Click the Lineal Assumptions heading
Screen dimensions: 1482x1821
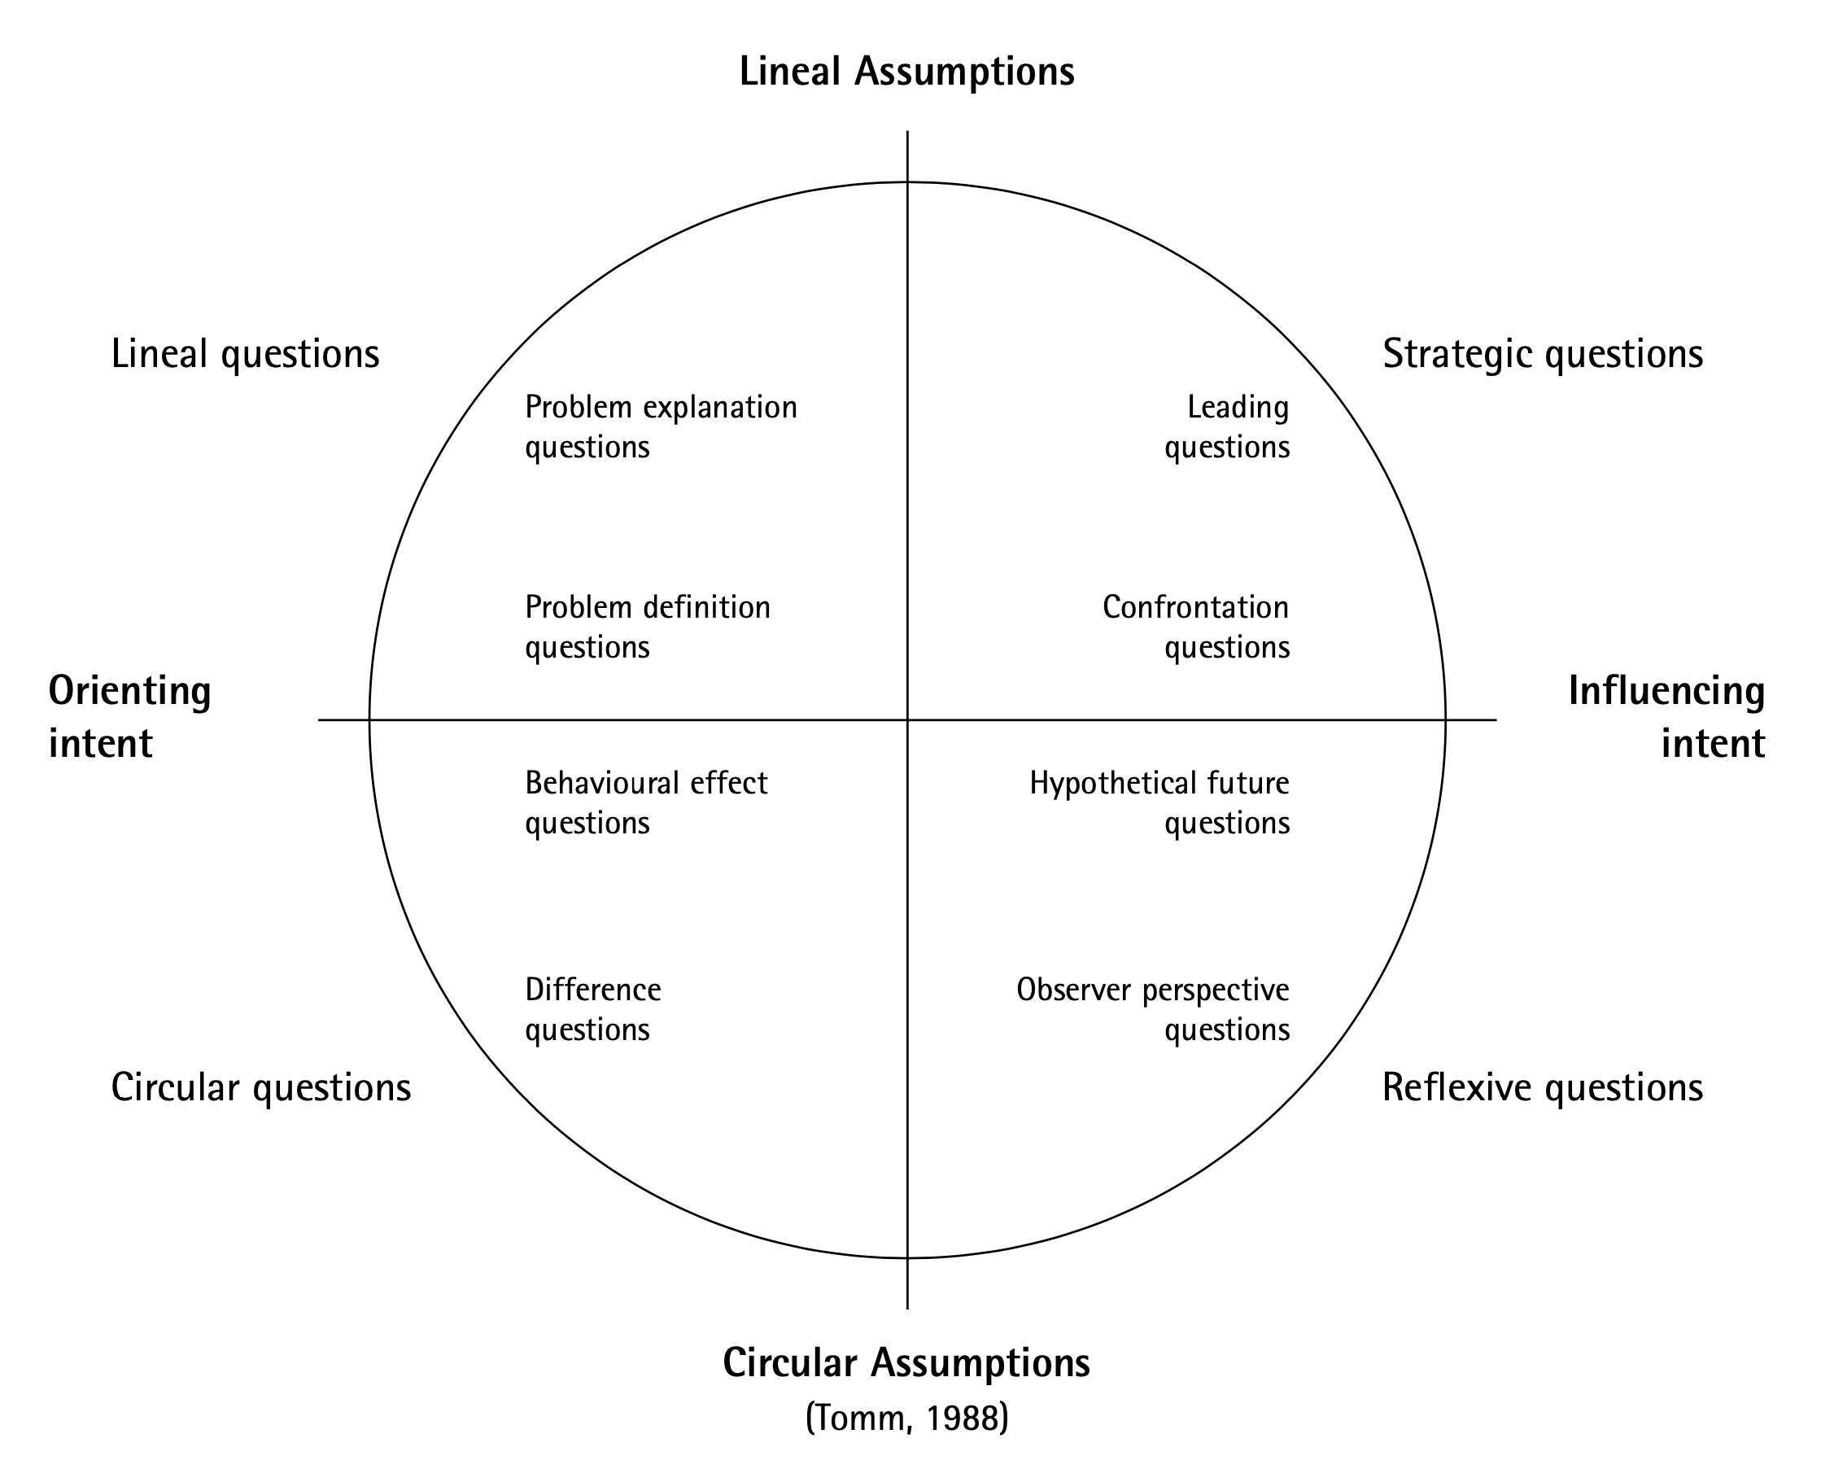pyautogui.click(x=906, y=72)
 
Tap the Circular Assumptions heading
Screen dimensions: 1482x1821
pyautogui.click(x=906, y=1363)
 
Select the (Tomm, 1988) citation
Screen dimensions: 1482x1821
pyautogui.click(x=906, y=1418)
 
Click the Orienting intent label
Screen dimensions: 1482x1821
pyautogui.click(x=129, y=716)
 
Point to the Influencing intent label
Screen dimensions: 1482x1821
pyautogui.click(x=1666, y=716)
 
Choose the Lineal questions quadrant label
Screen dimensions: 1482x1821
pyautogui.click(x=245, y=354)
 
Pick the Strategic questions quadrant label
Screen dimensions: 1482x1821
pyautogui.click(x=1542, y=354)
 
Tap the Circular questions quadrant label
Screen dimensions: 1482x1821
pyautogui.click(x=261, y=1087)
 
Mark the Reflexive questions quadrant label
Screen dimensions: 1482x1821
pyautogui.click(x=1542, y=1087)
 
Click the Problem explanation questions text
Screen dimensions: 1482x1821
pyautogui.click(x=661, y=426)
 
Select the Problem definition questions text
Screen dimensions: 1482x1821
pyautogui.click(x=647, y=627)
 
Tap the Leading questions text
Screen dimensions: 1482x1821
pyautogui.click(x=1227, y=426)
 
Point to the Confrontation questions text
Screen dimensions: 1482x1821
pyautogui.click(x=1195, y=627)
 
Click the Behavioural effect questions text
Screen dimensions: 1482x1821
pyautogui.click(x=646, y=802)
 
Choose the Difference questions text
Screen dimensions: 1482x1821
pyautogui.click(x=592, y=1009)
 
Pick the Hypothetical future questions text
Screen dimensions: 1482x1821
pyautogui.click(x=1159, y=802)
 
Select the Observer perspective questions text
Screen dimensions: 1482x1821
pyautogui.click(x=1153, y=1009)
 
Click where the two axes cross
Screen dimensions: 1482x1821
pyautogui.click(x=907, y=719)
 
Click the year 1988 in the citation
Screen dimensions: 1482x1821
pyautogui.click(x=963, y=1419)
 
